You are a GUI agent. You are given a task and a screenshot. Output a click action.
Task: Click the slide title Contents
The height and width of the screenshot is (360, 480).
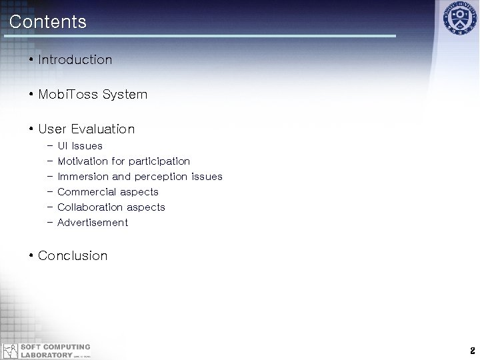click(x=48, y=22)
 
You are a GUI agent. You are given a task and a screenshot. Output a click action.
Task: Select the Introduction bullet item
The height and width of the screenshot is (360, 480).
click(x=75, y=60)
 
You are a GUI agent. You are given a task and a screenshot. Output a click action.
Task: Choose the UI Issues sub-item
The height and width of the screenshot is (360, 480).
click(x=80, y=146)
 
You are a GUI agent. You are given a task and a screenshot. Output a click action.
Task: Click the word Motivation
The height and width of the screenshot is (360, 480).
click(x=83, y=161)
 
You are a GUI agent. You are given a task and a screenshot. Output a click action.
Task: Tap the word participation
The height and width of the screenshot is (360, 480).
click(x=159, y=161)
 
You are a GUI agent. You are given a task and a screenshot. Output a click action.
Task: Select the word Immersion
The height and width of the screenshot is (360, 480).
click(x=83, y=177)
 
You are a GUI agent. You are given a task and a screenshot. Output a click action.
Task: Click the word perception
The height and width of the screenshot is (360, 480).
click(x=161, y=177)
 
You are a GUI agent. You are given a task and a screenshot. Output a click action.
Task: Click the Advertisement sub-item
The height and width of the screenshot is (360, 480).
click(x=93, y=223)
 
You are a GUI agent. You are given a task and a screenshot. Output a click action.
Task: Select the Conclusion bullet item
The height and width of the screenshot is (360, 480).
click(x=73, y=256)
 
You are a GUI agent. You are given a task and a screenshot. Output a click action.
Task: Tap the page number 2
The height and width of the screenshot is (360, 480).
click(x=471, y=351)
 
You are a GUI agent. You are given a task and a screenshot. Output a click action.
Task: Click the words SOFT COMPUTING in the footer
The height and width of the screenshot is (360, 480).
click(x=55, y=347)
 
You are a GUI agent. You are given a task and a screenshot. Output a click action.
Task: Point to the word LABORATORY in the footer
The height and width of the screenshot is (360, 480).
click(x=45, y=355)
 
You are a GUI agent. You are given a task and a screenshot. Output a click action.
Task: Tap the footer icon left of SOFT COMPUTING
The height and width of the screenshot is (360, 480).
click(x=10, y=351)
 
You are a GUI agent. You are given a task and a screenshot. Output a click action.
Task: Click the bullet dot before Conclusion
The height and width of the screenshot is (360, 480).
click(x=31, y=256)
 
